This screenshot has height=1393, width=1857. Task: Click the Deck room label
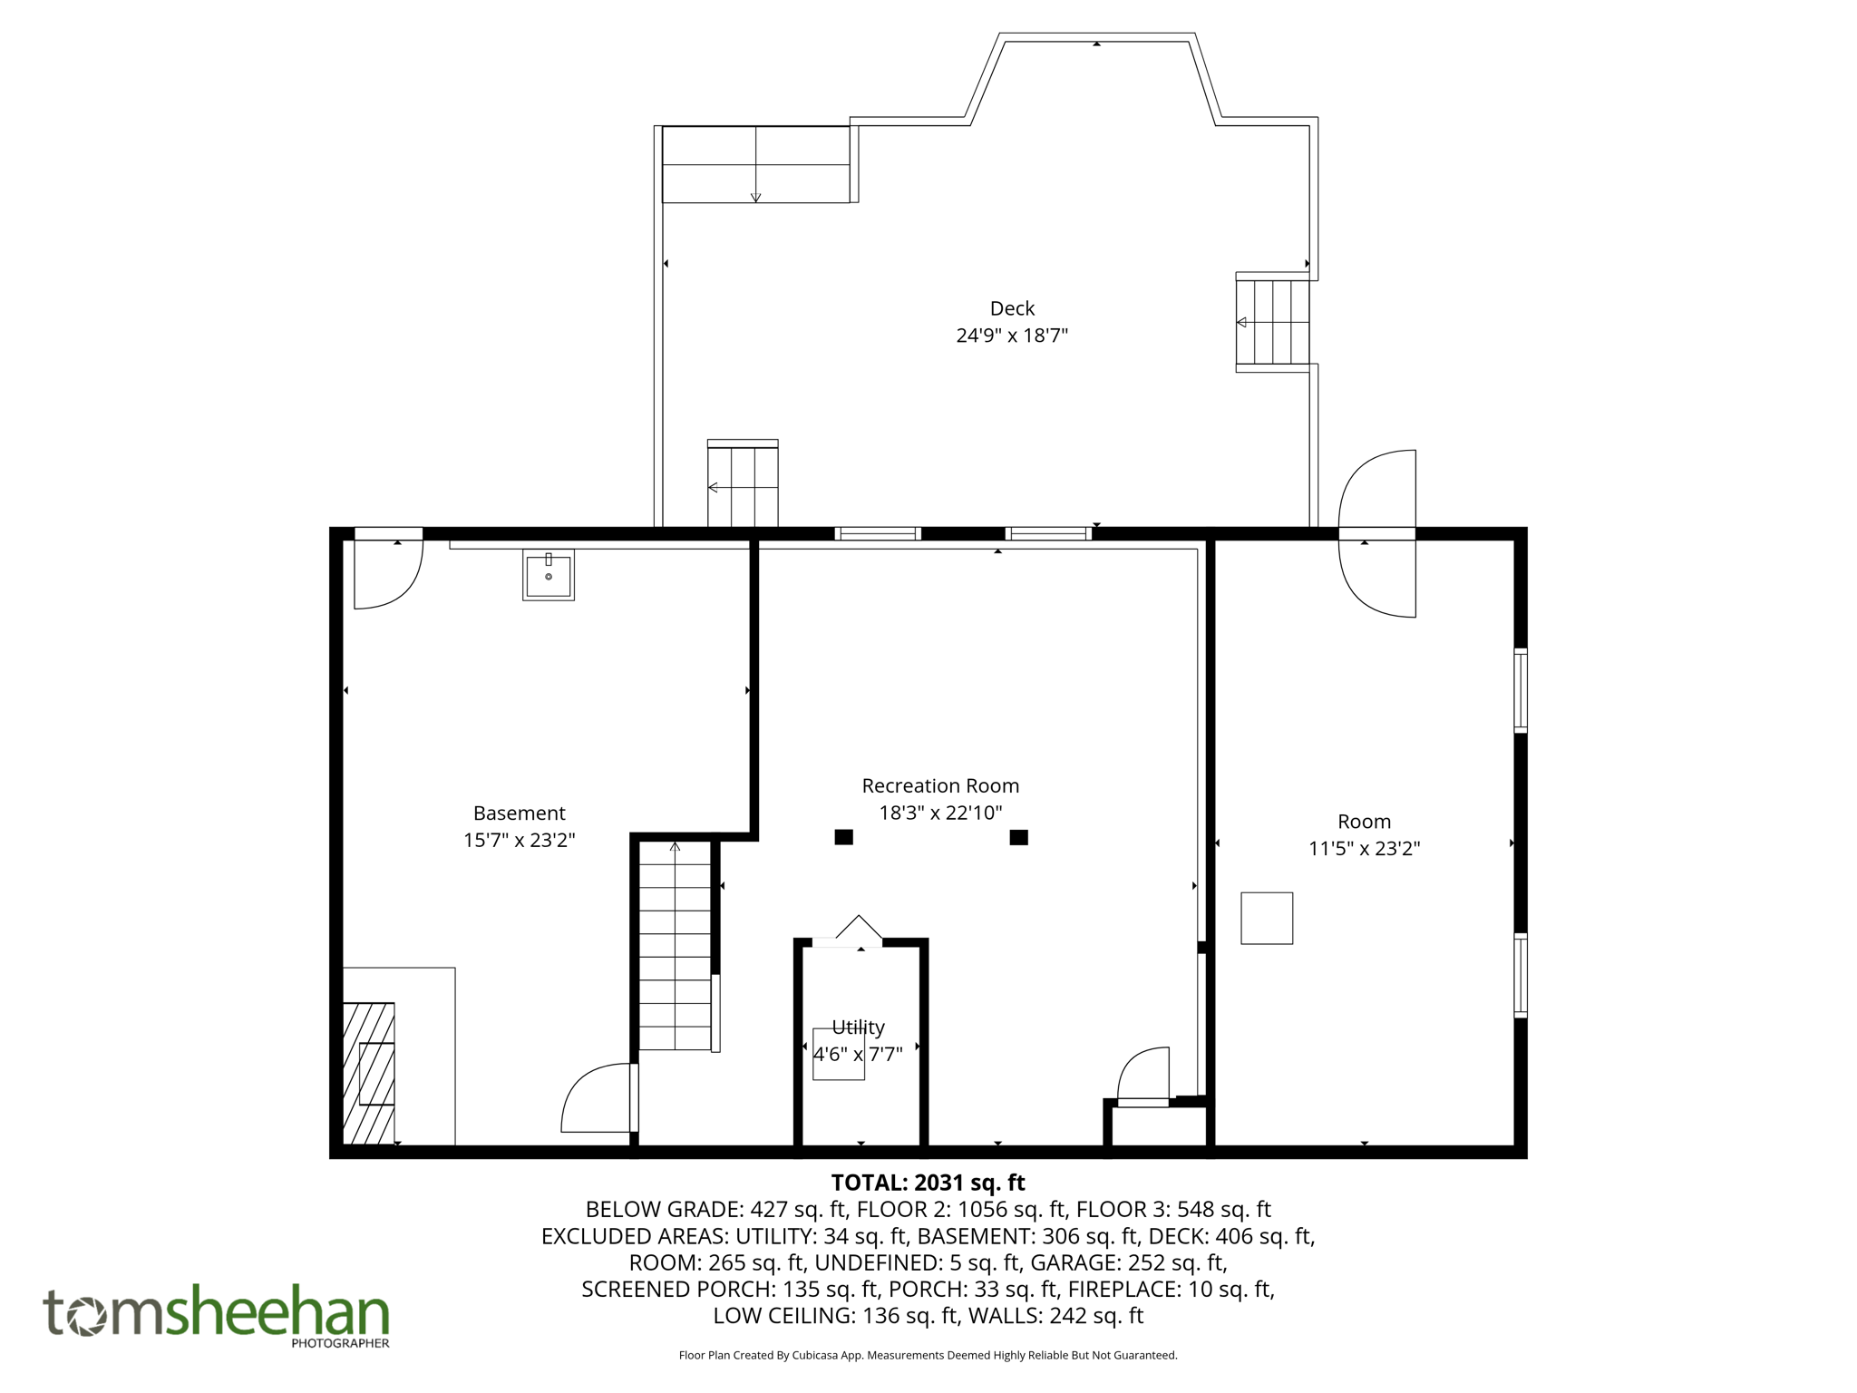pyautogui.click(x=1012, y=308)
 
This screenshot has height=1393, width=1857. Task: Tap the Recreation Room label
pyautogui.click(x=940, y=785)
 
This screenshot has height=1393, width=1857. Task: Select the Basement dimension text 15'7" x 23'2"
pyautogui.click(x=519, y=840)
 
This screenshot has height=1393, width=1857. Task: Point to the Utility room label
pyautogui.click(x=858, y=1027)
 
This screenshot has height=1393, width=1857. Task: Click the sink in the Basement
pyautogui.click(x=549, y=575)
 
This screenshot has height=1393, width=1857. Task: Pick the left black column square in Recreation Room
pyautogui.click(x=843, y=837)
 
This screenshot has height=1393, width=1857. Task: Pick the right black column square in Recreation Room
pyautogui.click(x=1018, y=837)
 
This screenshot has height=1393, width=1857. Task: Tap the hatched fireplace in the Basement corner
pyautogui.click(x=369, y=1073)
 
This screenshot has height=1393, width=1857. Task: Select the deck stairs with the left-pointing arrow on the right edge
pyautogui.click(x=1272, y=322)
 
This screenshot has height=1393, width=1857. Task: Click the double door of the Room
pyautogui.click(x=1377, y=533)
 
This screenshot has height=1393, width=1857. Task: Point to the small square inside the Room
pyautogui.click(x=1266, y=918)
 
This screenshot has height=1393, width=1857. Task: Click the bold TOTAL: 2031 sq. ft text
pyautogui.click(x=928, y=1183)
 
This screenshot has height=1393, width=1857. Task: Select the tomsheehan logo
pyautogui.click(x=216, y=1313)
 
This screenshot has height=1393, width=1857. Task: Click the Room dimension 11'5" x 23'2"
pyautogui.click(x=1364, y=849)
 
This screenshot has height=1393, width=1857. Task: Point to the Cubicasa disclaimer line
pyautogui.click(x=928, y=1355)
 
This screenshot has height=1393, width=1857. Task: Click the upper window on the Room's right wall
pyautogui.click(x=1521, y=690)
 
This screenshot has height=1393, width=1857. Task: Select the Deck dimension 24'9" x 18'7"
pyautogui.click(x=1012, y=336)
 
